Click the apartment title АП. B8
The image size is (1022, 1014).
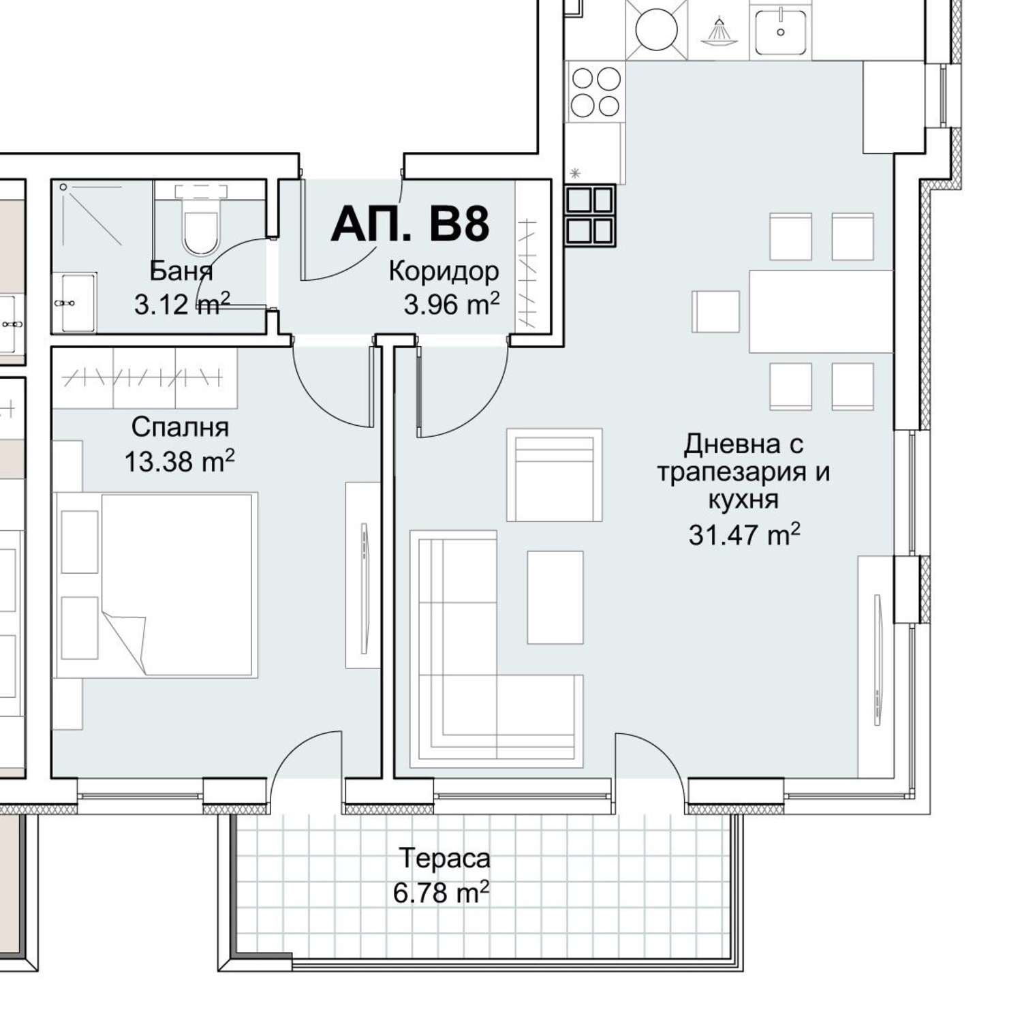point(410,223)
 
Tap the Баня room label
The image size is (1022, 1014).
point(181,271)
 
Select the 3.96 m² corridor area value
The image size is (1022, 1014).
point(452,304)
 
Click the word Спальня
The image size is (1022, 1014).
point(180,427)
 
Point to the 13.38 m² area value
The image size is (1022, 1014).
point(179,461)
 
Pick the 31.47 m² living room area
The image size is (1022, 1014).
point(744,534)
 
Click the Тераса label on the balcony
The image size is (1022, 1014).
point(445,858)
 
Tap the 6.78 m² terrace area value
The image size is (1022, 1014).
point(442,891)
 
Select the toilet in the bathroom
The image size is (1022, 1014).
point(200,219)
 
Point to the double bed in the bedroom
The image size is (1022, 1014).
point(156,585)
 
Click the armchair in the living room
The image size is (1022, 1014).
point(554,475)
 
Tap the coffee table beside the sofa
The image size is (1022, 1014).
point(555,597)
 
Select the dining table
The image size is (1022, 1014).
point(821,311)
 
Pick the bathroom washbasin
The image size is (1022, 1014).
point(75,302)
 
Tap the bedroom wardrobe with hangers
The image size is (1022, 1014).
point(144,377)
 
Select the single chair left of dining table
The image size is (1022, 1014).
point(716,311)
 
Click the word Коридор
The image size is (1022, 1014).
point(444,271)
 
